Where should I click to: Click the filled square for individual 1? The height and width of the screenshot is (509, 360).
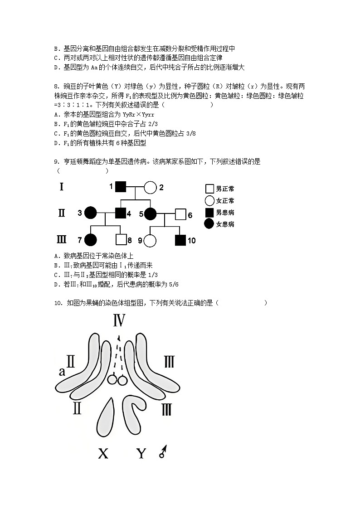(x=120, y=187)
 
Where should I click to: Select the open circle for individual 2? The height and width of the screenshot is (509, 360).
(x=150, y=187)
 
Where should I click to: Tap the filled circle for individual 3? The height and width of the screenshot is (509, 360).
(x=91, y=212)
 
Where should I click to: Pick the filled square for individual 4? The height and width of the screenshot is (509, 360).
(x=120, y=212)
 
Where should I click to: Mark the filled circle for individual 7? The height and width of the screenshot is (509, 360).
(x=91, y=240)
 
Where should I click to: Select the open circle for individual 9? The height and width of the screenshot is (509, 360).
(x=150, y=240)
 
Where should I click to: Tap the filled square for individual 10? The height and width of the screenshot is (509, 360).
(x=180, y=240)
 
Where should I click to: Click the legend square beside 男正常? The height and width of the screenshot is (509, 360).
(x=209, y=189)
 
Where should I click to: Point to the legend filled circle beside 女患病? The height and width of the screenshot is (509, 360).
(x=209, y=224)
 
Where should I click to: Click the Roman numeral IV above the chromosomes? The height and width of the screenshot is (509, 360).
(x=119, y=321)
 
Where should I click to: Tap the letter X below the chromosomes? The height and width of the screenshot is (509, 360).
(x=103, y=453)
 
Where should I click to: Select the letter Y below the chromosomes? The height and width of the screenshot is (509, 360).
(x=142, y=453)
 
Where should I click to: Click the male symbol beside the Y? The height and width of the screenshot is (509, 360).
(x=163, y=452)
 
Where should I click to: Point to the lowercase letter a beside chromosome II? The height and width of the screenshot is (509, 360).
(x=62, y=372)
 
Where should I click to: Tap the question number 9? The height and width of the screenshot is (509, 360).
(x=56, y=161)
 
